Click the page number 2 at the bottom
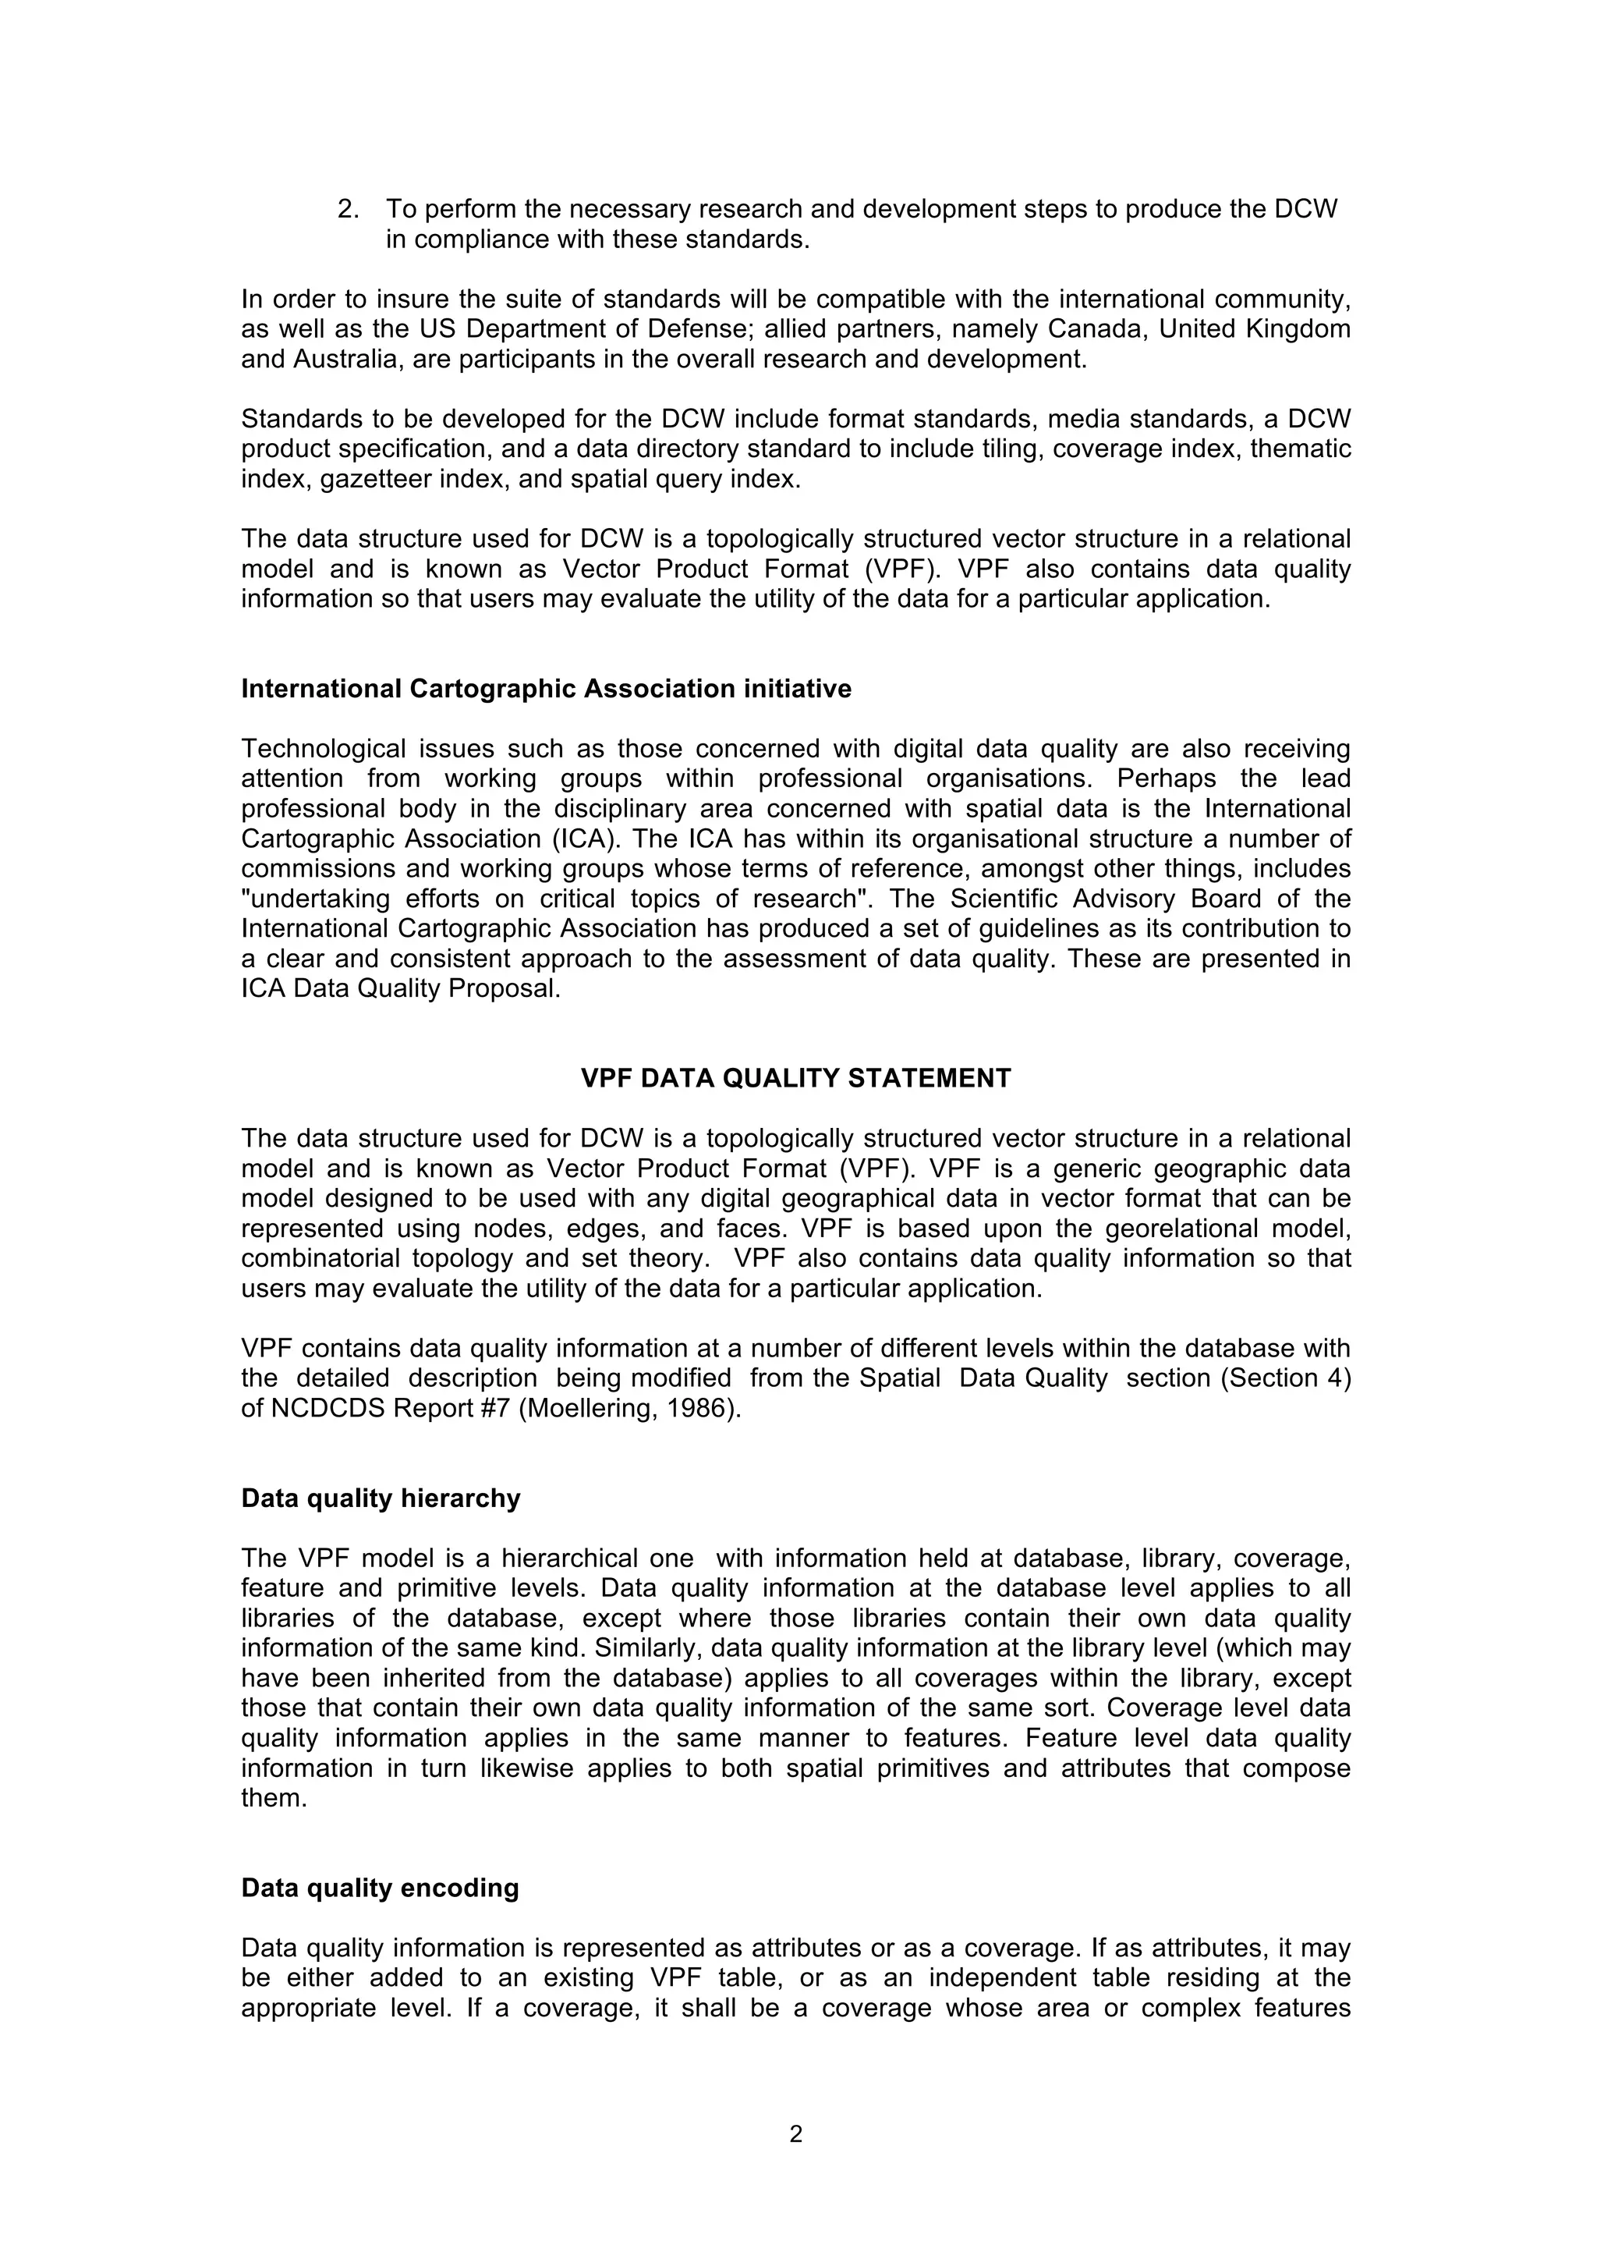coord(795,2133)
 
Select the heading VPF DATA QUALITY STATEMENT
coord(795,1078)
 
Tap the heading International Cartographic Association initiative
coord(546,689)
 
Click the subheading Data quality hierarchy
coord(381,1498)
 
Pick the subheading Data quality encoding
coord(380,1888)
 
